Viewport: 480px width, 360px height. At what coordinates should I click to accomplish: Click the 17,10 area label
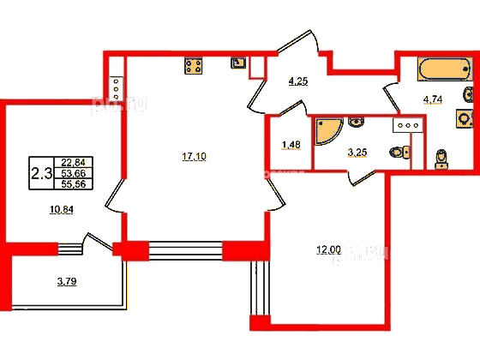pyautogui.click(x=194, y=157)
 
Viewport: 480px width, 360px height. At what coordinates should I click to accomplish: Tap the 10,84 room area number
pyautogui.click(x=62, y=210)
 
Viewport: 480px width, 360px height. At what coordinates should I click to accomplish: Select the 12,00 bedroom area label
pyautogui.click(x=328, y=250)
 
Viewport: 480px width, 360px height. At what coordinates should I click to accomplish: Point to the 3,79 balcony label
pyautogui.click(x=67, y=281)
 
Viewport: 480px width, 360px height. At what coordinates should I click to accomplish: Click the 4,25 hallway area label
pyautogui.click(x=298, y=81)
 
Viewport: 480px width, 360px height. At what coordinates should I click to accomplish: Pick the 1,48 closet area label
pyautogui.click(x=291, y=145)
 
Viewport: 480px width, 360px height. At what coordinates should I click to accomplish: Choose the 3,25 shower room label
pyautogui.click(x=357, y=153)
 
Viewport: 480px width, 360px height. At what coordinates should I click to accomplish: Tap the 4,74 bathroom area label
pyautogui.click(x=433, y=99)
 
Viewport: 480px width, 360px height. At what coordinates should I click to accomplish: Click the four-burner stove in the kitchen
pyautogui.click(x=194, y=66)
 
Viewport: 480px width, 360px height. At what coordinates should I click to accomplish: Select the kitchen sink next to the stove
pyautogui.click(x=238, y=63)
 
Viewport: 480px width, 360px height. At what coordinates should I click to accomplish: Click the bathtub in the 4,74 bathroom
pyautogui.click(x=444, y=69)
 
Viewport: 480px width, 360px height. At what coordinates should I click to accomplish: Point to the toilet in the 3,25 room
pyautogui.click(x=399, y=152)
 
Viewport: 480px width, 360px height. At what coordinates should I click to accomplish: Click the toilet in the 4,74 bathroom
pyautogui.click(x=441, y=159)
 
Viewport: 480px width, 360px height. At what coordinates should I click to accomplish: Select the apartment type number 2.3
pyautogui.click(x=42, y=174)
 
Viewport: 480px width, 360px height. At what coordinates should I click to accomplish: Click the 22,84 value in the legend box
pyautogui.click(x=73, y=162)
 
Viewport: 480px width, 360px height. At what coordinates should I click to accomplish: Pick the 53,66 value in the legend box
pyautogui.click(x=73, y=173)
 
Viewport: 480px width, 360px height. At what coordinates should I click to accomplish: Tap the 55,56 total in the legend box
pyautogui.click(x=73, y=184)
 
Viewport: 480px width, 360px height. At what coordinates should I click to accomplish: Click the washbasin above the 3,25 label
pyautogui.click(x=356, y=122)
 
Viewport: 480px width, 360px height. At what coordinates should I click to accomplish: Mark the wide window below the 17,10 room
pyautogui.click(x=185, y=250)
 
